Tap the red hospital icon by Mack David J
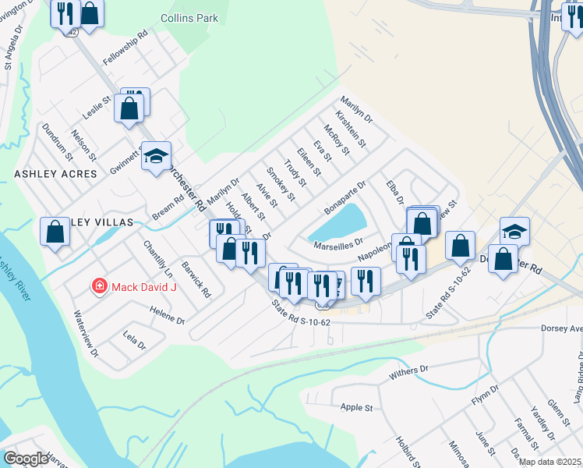tap(99, 287)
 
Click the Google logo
tap(26, 459)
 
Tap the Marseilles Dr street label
tap(339, 245)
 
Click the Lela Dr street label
tap(134, 340)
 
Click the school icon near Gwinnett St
tap(156, 155)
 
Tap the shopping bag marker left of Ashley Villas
tap(55, 232)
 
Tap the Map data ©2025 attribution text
tap(550, 462)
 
